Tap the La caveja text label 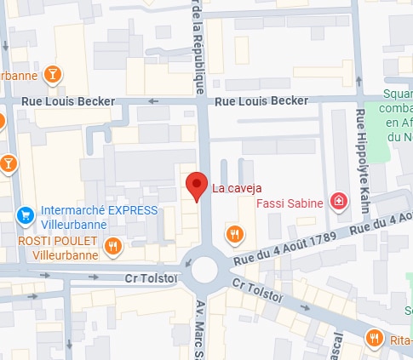point(237,188)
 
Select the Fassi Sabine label point(290,203)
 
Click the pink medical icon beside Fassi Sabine point(339,202)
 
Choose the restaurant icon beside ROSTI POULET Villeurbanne point(112,247)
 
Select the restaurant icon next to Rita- point(374,339)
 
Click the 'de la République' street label point(199,47)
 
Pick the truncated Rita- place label point(399,340)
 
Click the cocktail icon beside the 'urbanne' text point(53,74)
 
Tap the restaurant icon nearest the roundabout point(234,232)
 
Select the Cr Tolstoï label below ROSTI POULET point(151,278)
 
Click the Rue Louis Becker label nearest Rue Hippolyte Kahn point(261,101)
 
